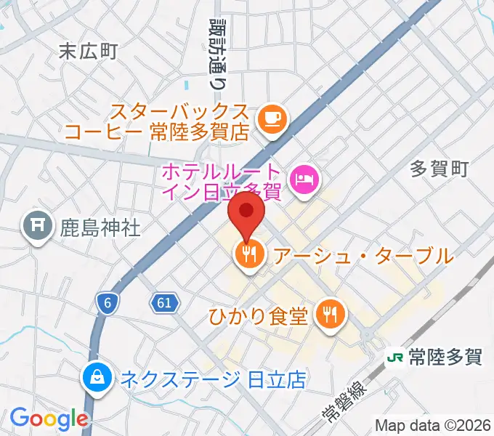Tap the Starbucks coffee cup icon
[272, 117]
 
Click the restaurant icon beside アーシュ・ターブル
[248, 254]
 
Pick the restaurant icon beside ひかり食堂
[331, 314]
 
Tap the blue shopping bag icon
[96, 376]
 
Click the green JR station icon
[395, 358]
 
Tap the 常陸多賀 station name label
[445, 358]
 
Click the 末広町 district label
[88, 51]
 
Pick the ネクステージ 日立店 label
[212, 378]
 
